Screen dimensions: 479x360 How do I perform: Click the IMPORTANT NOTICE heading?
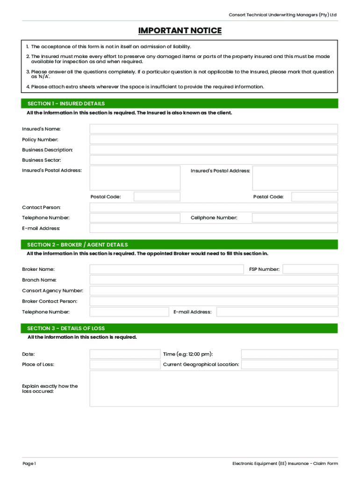tap(180, 31)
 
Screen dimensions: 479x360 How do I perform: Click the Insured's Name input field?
tap(213, 129)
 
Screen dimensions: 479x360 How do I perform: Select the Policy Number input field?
tap(213, 139)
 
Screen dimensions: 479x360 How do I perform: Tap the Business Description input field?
tap(213, 150)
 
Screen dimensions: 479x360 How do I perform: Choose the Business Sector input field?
tap(213, 160)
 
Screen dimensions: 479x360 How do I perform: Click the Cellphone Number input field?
tap(295, 218)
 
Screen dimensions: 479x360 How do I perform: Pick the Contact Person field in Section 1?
tap(213, 207)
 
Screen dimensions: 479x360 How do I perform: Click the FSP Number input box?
tap(310, 269)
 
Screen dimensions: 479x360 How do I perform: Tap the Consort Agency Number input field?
tap(213, 290)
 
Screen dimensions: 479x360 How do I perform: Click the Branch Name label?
tap(39, 280)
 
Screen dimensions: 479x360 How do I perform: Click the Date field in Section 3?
tap(124, 354)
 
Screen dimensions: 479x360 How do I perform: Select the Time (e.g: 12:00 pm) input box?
tap(289, 354)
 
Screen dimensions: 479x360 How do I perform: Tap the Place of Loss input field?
tap(124, 364)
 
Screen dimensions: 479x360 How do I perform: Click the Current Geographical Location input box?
tap(289, 364)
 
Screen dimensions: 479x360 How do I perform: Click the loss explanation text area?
tap(213, 389)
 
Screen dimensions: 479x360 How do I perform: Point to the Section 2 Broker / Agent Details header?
tap(78, 245)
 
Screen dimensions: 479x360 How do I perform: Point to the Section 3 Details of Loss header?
tap(66, 328)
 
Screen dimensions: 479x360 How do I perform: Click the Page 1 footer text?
tap(29, 464)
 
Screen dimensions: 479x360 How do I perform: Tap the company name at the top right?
tap(282, 15)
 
